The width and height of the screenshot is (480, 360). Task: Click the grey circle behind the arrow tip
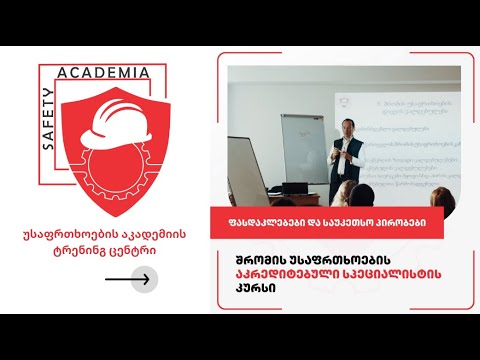point(144,279)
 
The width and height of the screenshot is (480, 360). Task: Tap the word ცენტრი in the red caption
point(141,251)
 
